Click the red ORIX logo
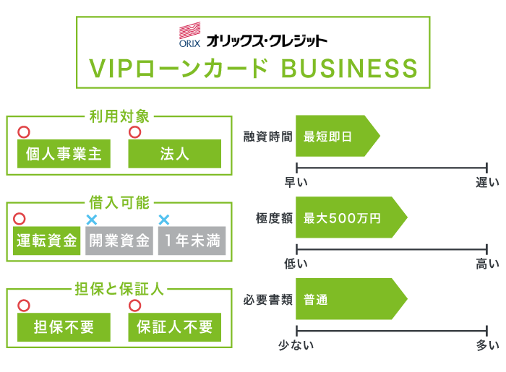[x=189, y=35]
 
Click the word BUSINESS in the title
[x=348, y=69]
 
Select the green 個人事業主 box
[x=63, y=153]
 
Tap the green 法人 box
[x=174, y=153]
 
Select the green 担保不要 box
[x=63, y=327]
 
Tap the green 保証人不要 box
[x=174, y=327]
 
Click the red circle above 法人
[x=134, y=132]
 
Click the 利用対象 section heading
[x=119, y=116]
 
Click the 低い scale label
[x=296, y=264]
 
